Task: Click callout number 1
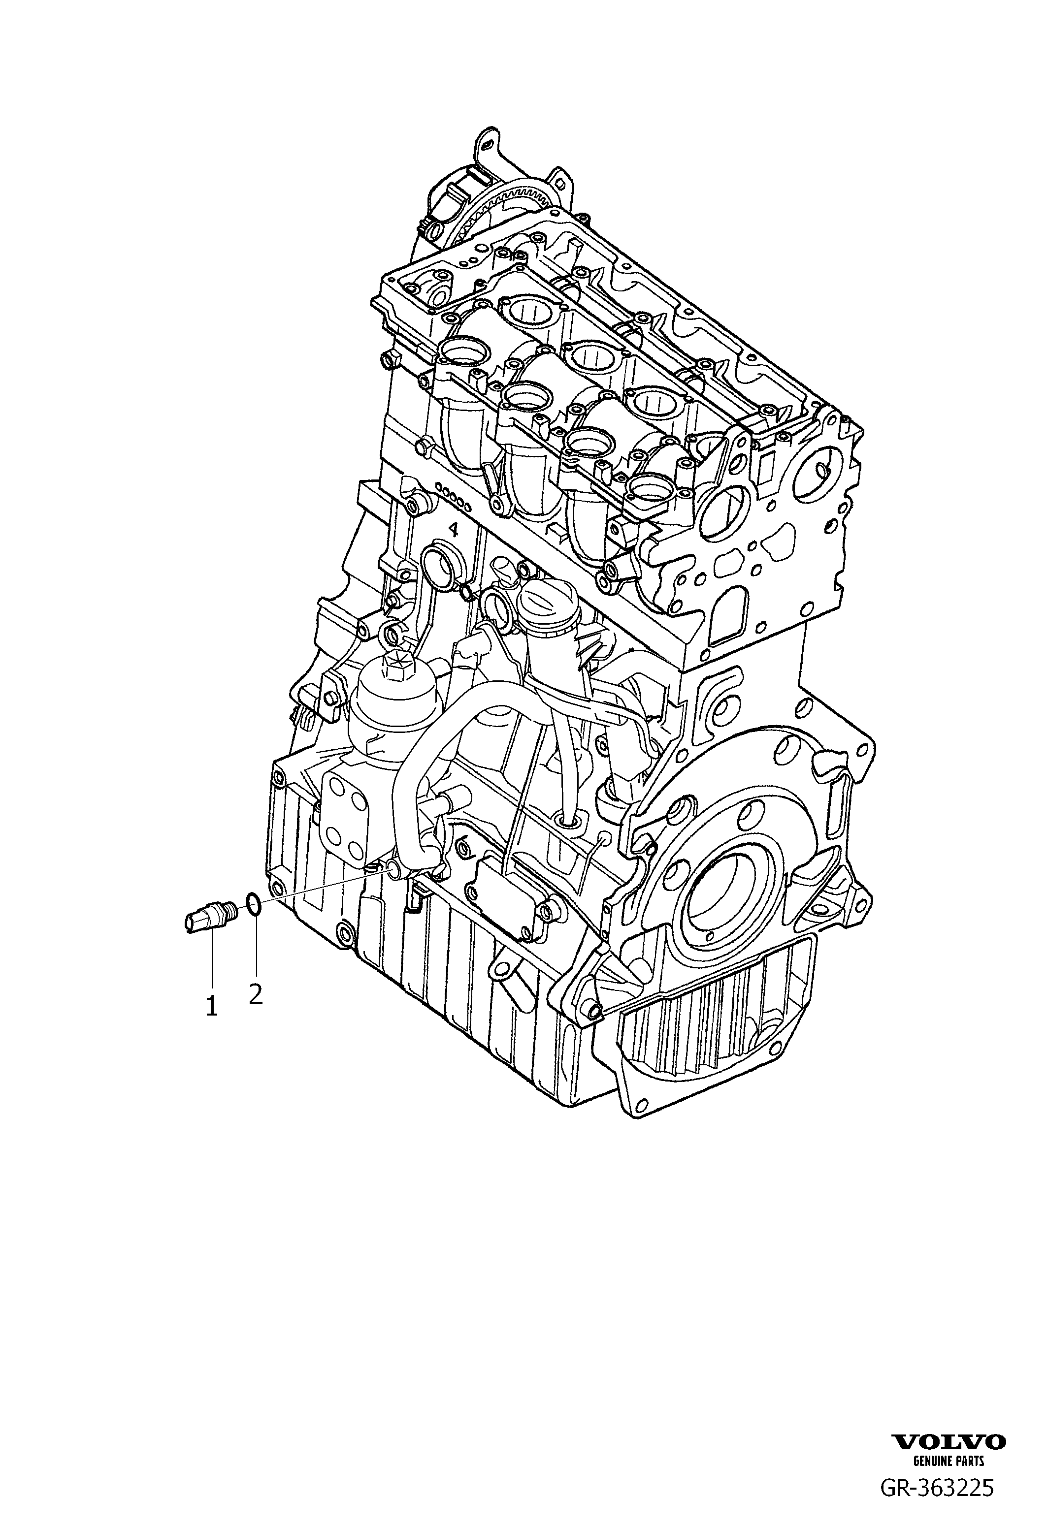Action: (211, 1024)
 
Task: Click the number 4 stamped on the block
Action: (453, 528)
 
